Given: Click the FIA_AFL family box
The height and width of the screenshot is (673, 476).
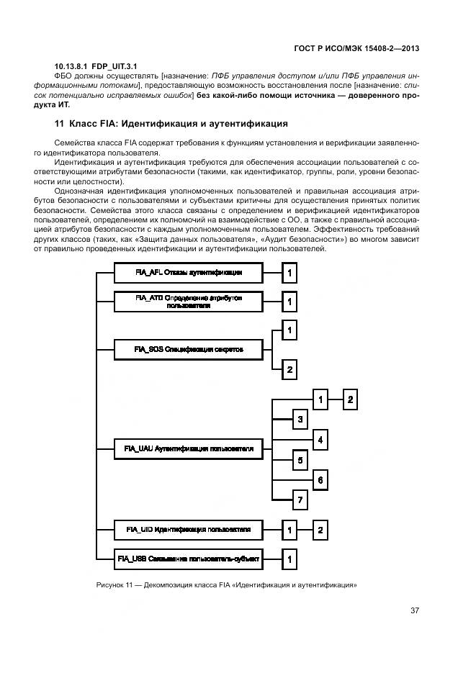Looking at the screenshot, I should click(x=188, y=273).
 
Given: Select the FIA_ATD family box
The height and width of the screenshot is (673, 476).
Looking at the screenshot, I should click(x=188, y=301).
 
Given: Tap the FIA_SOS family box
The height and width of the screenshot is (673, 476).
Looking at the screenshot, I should click(x=188, y=349).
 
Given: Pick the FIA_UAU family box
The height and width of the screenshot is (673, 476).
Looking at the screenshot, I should click(x=188, y=448).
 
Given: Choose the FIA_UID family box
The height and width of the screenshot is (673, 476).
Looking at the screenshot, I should click(x=188, y=530).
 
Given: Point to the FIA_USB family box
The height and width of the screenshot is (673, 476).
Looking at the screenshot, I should click(x=188, y=558).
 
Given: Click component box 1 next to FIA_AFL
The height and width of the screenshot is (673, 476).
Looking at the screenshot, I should click(x=288, y=274).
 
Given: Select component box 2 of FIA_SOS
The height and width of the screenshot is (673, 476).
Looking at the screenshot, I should click(x=288, y=369).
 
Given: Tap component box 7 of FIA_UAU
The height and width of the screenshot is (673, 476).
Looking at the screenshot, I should click(x=301, y=500).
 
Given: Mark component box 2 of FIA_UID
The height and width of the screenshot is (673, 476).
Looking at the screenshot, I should click(x=321, y=530).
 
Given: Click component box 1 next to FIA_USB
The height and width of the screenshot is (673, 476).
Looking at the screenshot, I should click(x=288, y=558).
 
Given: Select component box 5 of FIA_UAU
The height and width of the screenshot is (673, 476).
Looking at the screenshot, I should click(x=301, y=459).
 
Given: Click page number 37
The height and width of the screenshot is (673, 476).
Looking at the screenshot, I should click(x=415, y=610).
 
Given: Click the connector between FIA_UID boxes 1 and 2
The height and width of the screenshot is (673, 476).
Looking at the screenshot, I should click(x=305, y=530).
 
